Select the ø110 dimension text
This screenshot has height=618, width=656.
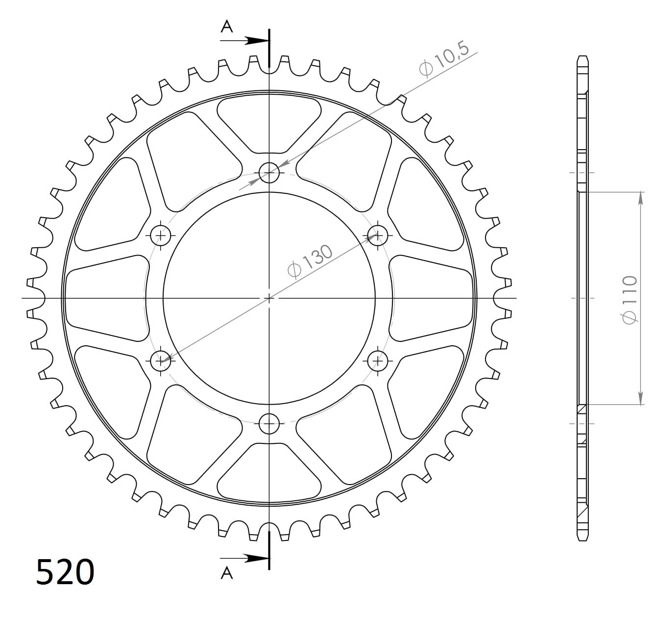(x=629, y=299)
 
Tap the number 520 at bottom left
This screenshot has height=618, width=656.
(x=65, y=572)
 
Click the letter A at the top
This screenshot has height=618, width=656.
(x=226, y=26)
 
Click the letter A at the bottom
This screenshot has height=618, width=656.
(x=226, y=572)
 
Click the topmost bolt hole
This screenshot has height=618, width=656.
(x=269, y=173)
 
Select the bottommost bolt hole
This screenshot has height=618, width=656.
(x=269, y=424)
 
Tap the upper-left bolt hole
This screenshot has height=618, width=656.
(x=160, y=235)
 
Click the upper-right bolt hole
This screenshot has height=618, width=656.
(x=378, y=235)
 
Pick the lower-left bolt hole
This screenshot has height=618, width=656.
(x=160, y=361)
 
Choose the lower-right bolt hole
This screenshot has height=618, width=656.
(x=378, y=361)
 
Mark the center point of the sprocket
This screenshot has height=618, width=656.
(x=269, y=298)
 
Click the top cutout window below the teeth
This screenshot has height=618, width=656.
(x=269, y=123)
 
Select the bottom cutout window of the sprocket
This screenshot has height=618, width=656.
(x=269, y=474)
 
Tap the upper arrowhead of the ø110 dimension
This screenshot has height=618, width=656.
(x=640, y=196)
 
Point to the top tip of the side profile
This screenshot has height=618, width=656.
(x=583, y=56)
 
